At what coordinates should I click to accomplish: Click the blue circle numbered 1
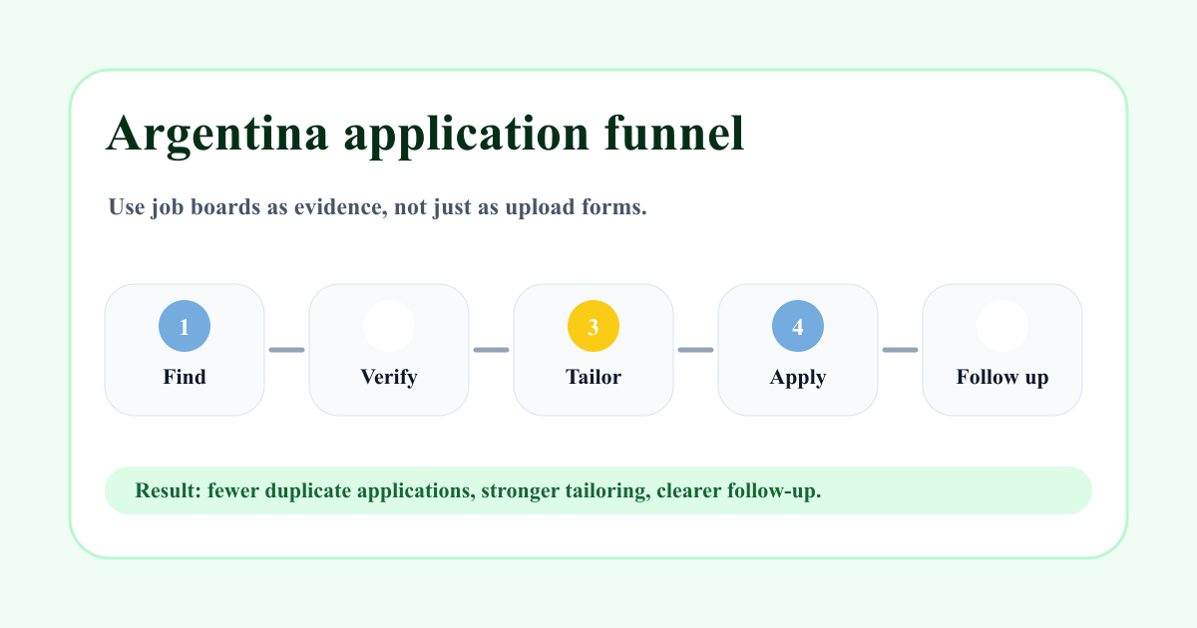[185, 326]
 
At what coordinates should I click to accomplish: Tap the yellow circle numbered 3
[594, 326]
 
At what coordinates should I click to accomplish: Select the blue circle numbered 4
[798, 326]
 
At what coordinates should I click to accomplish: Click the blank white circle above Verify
[389, 326]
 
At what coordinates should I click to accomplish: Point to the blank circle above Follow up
[1002, 326]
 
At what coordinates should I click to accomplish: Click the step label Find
[185, 377]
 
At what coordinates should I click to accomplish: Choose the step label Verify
[389, 378]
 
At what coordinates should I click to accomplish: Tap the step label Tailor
[594, 377]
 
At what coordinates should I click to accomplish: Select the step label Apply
[798, 378]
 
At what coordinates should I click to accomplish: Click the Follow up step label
[1002, 378]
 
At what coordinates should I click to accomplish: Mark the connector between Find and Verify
[287, 350]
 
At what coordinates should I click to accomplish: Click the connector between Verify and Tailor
[492, 350]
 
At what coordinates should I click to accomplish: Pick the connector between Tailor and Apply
[696, 350]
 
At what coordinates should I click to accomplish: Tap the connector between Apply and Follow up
[901, 350]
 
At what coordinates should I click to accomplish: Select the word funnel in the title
[674, 133]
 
